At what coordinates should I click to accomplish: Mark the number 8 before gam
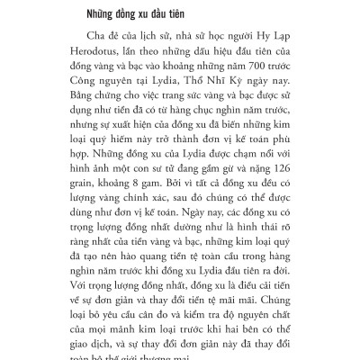point(131,202)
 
